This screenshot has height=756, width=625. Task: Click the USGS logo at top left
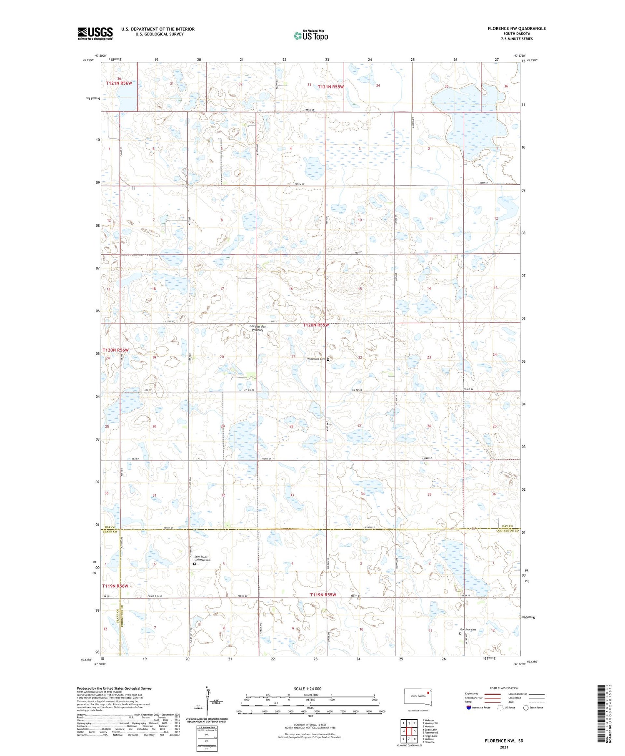point(95,33)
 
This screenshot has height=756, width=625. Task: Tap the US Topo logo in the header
point(310,36)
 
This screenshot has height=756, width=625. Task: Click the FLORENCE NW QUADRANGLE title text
point(517,28)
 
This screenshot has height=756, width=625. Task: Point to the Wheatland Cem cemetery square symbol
point(328,359)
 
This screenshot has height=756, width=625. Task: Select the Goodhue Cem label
point(467,630)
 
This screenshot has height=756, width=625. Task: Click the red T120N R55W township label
point(316,325)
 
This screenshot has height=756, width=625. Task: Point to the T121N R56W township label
point(119,83)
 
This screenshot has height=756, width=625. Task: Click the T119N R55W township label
point(323,595)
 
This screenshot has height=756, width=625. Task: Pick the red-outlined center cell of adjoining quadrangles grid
point(409,731)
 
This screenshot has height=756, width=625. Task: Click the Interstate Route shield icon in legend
point(468,707)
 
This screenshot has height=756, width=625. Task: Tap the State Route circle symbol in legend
point(526,707)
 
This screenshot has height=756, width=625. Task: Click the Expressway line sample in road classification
point(492,694)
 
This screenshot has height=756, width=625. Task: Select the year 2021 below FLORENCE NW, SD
point(504,747)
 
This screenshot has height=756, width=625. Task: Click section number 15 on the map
point(360,289)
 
